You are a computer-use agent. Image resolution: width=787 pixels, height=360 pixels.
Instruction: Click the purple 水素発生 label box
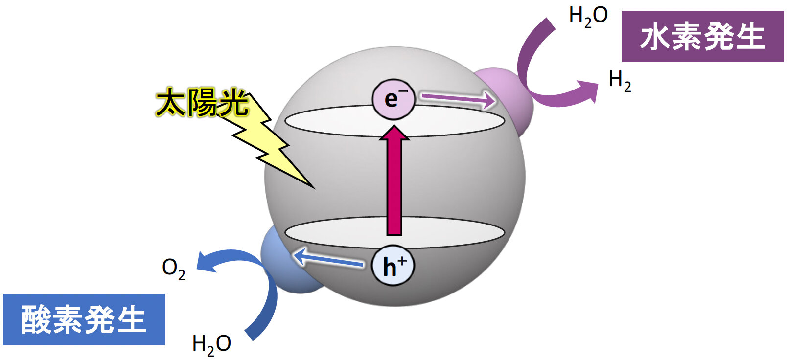point(703,37)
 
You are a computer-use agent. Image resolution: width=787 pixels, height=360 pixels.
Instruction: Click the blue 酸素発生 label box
point(84,319)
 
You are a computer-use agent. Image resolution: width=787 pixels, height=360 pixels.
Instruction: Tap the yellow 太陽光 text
point(202,103)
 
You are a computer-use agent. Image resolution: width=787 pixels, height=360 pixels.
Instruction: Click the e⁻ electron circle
point(393,99)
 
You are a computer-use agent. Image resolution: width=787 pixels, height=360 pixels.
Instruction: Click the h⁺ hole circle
point(393,266)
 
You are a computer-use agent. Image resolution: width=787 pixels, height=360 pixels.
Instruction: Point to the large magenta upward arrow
point(394,180)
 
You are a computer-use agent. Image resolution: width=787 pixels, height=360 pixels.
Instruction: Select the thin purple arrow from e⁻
point(459,99)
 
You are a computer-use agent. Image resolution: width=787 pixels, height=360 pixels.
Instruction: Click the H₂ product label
point(620,81)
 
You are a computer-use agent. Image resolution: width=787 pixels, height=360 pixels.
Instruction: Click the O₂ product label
point(174,270)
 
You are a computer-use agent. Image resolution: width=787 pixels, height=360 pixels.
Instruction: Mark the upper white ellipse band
point(394,121)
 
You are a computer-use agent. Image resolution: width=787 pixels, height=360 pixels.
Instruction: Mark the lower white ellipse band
point(394,232)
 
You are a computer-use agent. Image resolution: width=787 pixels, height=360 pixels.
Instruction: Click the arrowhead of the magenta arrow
point(394,133)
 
